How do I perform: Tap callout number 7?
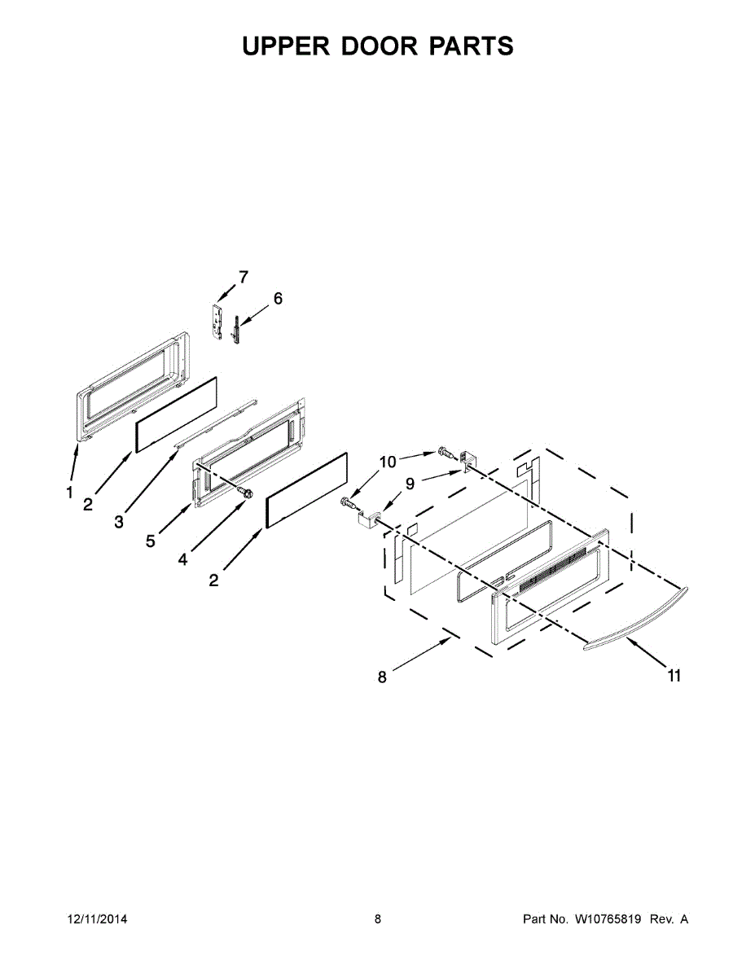click(x=243, y=277)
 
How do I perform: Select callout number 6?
click(x=278, y=299)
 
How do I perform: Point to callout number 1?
click(x=69, y=492)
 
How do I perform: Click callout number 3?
click(x=119, y=522)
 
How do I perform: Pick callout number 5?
click(x=151, y=540)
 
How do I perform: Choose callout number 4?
click(x=182, y=559)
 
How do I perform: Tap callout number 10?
click(x=388, y=462)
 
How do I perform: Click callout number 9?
click(x=410, y=484)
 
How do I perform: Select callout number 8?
click(x=382, y=676)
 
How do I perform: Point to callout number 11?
click(x=674, y=675)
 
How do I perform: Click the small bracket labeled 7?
click(x=217, y=321)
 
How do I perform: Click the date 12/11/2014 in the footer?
click(x=96, y=919)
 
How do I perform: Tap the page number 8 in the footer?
click(x=378, y=919)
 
